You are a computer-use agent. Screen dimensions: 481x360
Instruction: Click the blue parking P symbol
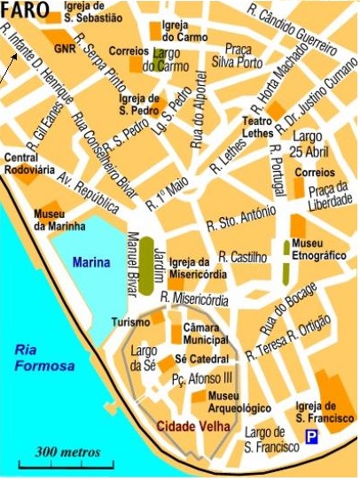[311, 436]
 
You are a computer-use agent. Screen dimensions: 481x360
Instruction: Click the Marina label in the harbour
[92, 262]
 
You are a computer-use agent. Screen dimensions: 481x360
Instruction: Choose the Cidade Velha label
[193, 427]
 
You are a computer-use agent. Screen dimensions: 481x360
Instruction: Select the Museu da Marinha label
[54, 220]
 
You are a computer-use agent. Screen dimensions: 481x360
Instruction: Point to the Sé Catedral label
[201, 360]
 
